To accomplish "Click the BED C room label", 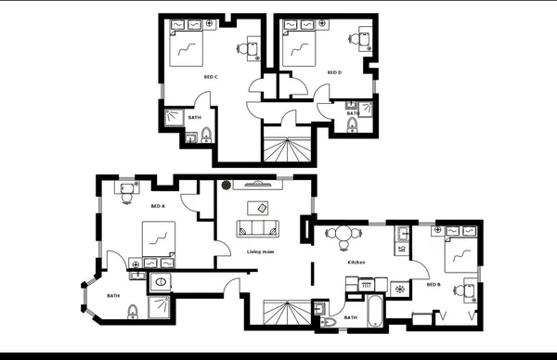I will point(211,77).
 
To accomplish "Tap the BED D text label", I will point(334,71).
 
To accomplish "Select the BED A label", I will point(157,206).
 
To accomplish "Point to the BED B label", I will point(434,284).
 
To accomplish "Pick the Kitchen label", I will point(356,263).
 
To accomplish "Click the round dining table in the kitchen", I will point(344,235).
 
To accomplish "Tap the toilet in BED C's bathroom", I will point(205,136).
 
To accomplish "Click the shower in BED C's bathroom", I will point(174,117).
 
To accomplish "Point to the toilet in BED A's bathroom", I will point(133,309).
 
